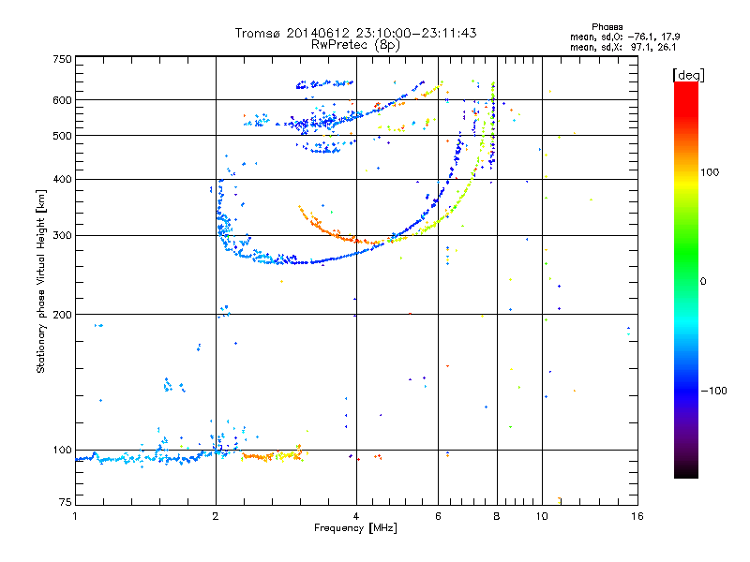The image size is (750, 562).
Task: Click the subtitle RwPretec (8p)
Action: pyautogui.click(x=355, y=45)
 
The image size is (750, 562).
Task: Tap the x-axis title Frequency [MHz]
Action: pyautogui.click(x=355, y=528)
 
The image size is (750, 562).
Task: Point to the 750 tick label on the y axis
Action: pyautogui.click(x=63, y=59)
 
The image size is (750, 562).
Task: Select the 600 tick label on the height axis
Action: pyautogui.click(x=63, y=100)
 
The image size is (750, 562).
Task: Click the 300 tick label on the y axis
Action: pyautogui.click(x=63, y=236)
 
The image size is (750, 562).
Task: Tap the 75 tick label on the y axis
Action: pyautogui.click(x=66, y=502)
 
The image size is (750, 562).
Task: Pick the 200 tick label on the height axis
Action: pyautogui.click(x=63, y=315)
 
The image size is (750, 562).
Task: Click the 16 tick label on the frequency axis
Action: pyautogui.click(x=637, y=516)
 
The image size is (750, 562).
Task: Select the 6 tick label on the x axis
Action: pyautogui.click(x=438, y=516)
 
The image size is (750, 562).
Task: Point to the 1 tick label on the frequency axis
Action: pyautogui.click(x=75, y=516)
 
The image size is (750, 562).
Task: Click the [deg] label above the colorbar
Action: pyautogui.click(x=688, y=75)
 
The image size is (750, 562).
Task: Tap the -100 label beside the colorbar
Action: pyautogui.click(x=713, y=391)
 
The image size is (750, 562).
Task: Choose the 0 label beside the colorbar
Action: pyautogui.click(x=703, y=281)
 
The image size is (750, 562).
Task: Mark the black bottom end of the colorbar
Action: pyautogui.click(x=686, y=475)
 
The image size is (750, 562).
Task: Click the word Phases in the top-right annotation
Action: pyautogui.click(x=607, y=27)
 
